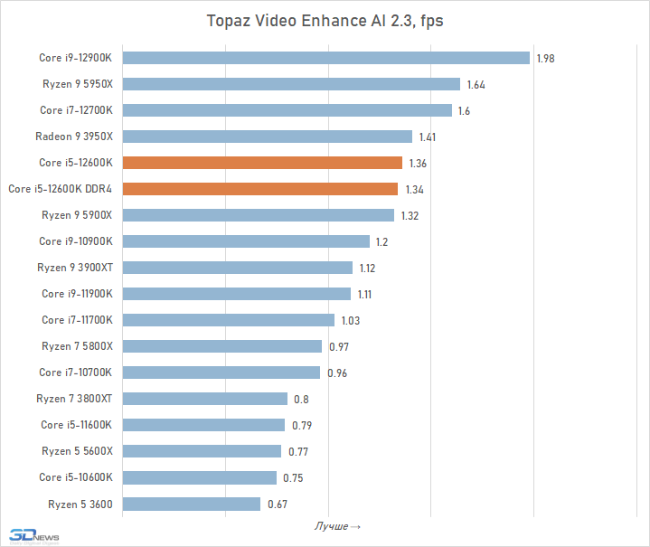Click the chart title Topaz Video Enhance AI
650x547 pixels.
[x=325, y=21]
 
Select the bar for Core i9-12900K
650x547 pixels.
[x=325, y=58]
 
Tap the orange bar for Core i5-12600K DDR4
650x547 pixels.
[x=259, y=189]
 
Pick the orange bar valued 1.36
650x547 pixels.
[x=262, y=163]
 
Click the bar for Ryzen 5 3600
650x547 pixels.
[x=191, y=504]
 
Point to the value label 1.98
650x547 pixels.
[x=545, y=58]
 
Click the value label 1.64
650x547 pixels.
[x=476, y=84]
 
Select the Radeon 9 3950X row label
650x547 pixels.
[x=74, y=137]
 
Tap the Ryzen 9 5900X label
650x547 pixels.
[x=77, y=215]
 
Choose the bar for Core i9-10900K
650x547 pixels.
[x=246, y=241]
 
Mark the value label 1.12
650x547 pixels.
[x=367, y=268]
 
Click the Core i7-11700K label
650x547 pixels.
[x=77, y=320]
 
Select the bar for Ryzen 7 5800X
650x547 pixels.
[x=221, y=346]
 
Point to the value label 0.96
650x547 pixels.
[x=337, y=373]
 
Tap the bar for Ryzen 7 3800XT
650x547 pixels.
[x=204, y=399]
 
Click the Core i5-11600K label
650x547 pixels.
[x=76, y=425]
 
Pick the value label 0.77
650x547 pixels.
[x=298, y=451]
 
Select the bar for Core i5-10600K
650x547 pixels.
[x=199, y=477]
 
